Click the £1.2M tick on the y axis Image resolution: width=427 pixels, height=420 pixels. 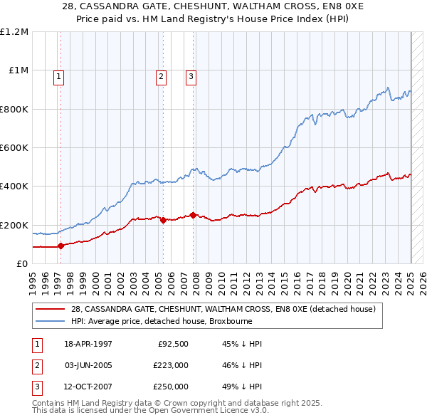[15, 32]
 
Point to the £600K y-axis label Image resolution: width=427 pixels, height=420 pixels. [14, 148]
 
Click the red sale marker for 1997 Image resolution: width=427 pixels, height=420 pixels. [61, 246]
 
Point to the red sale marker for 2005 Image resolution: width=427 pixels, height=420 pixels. [163, 221]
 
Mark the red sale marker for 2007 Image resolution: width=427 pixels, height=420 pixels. [193, 215]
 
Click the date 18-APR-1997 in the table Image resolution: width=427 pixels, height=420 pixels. [88, 345]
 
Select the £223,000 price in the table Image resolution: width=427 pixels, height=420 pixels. [171, 365]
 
